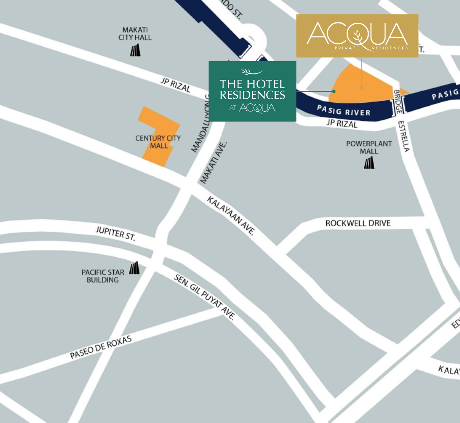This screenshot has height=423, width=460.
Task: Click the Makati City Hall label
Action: (x=135, y=34)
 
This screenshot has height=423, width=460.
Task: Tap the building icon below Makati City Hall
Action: (x=135, y=50)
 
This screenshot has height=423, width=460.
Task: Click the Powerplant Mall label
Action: (x=369, y=147)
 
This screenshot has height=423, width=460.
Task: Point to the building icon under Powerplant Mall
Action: (x=369, y=163)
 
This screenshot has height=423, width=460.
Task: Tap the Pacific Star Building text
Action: (x=103, y=276)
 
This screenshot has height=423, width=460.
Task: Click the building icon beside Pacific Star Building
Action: (x=134, y=268)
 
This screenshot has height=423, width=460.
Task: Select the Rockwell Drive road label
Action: (x=358, y=223)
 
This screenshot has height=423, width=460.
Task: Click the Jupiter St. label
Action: (x=115, y=234)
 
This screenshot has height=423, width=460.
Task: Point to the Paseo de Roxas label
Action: (x=101, y=347)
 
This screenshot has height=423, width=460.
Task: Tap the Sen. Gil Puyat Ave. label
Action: (x=204, y=298)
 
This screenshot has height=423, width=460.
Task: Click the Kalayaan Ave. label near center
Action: (x=231, y=216)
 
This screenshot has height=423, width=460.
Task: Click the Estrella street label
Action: (x=404, y=136)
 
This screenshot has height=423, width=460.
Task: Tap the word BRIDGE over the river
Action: (x=397, y=102)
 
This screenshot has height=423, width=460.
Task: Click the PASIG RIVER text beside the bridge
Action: (x=344, y=110)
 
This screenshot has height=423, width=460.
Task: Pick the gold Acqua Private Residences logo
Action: (x=357, y=36)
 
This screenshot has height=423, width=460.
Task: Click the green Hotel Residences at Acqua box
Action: (x=252, y=91)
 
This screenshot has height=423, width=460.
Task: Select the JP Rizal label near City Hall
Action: (x=175, y=85)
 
